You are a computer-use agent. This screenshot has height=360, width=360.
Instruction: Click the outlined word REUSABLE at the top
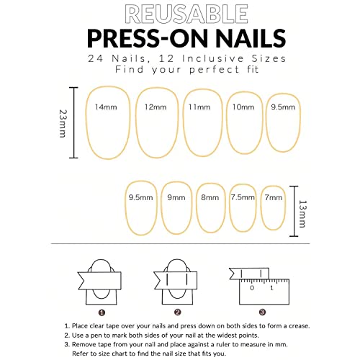pyautogui.click(x=180, y=14)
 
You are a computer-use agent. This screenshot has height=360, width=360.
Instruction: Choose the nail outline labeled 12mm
pyautogui.click(x=156, y=122)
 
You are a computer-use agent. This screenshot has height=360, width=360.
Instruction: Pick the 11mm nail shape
pyautogui.click(x=202, y=122)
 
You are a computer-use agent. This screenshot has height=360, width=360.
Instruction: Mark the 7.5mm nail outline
pyautogui.click(x=243, y=207)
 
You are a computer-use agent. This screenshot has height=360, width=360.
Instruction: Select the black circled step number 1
pyautogui.click(x=102, y=312)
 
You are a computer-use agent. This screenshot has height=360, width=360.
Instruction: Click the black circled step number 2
pyautogui.click(x=177, y=312)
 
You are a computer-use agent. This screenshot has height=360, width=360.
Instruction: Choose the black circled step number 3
pyautogui.click(x=262, y=312)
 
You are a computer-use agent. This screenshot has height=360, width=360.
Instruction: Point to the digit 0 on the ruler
pyautogui.click(x=253, y=288)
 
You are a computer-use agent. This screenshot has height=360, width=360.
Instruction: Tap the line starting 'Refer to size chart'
pyautogui.click(x=144, y=352)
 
